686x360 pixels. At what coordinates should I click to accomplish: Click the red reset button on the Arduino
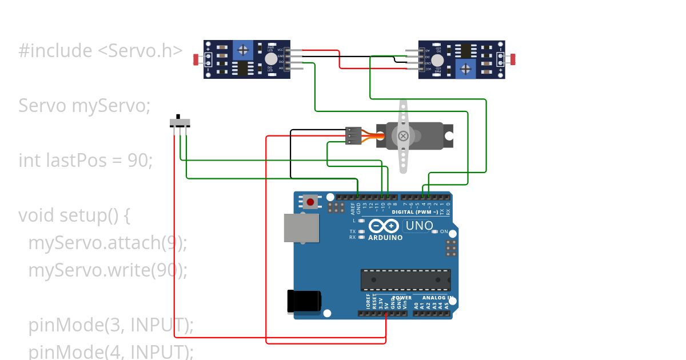pos(310,202)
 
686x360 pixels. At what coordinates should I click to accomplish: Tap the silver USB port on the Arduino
pos(301,227)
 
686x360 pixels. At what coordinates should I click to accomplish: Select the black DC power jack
pos(304,301)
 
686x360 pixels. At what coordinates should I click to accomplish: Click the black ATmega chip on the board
pos(405,280)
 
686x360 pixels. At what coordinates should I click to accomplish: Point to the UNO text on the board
pos(418,226)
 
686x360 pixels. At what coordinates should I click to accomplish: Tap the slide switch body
pos(180,123)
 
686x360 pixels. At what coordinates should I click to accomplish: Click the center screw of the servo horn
pos(403,136)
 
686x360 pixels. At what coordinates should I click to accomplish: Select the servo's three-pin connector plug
pos(354,136)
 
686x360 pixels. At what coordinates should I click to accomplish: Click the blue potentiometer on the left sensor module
pos(243,50)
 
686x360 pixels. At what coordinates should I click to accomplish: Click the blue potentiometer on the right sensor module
pos(466,69)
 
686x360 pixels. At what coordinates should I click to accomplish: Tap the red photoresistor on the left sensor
pos(196,59)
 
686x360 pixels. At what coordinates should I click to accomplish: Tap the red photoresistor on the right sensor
pos(513,59)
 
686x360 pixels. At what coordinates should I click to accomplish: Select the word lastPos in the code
pos(83,161)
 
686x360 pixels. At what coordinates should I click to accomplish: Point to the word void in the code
pos(37,215)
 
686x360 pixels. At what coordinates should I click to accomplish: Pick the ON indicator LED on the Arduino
pos(435,231)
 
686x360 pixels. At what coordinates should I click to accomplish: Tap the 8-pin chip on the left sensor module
pos(243,69)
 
